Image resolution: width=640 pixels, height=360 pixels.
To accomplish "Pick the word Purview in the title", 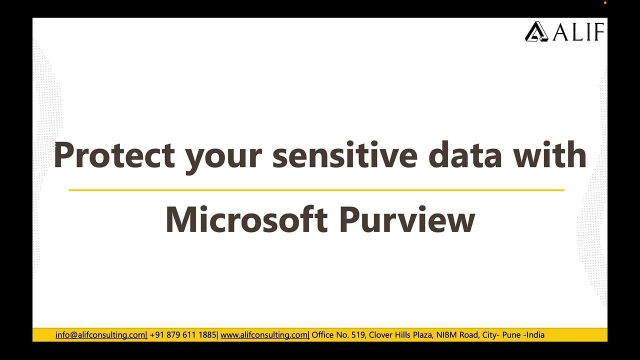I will coord(406,220).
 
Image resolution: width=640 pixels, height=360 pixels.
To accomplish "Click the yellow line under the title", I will coord(316,190).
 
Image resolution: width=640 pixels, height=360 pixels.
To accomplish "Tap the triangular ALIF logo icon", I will coord(536,31).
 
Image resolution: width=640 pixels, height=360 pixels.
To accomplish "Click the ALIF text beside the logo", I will coord(578,32).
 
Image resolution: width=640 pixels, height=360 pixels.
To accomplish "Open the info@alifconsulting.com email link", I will coord(100,335).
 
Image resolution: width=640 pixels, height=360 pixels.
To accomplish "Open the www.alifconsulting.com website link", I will coord(264,335).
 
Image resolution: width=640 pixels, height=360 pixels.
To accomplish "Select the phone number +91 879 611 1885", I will coord(183,335).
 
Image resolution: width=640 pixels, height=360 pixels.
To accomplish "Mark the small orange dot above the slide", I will coord(605,3).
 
